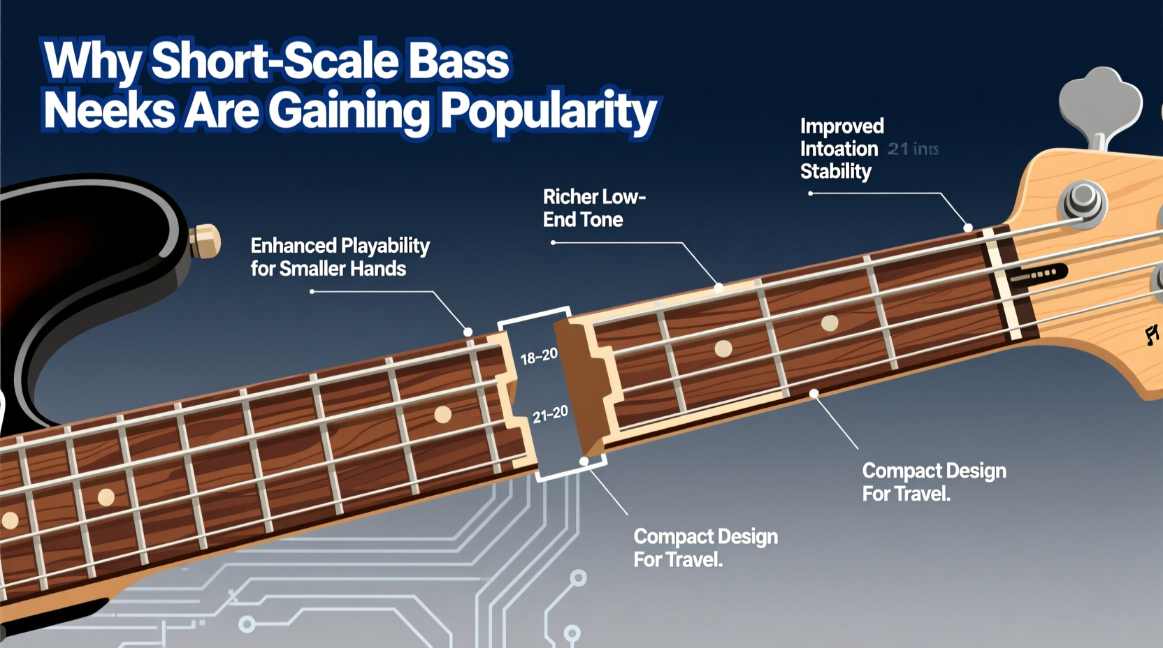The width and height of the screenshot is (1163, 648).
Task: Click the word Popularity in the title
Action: pos(549,112)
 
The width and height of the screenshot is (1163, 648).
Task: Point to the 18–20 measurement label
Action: pos(539,357)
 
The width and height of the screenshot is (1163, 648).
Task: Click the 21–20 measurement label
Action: pos(550,415)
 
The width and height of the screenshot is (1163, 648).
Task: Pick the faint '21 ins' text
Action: pos(913,149)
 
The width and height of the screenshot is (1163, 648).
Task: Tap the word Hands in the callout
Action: pos(380,269)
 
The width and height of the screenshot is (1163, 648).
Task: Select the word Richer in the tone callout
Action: pos(570,197)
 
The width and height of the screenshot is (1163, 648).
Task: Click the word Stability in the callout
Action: pos(835,172)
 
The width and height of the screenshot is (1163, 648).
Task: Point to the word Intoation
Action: pos(839,149)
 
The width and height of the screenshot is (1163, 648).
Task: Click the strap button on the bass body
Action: pos(205,241)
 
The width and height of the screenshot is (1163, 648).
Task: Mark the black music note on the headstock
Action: pos(1151,335)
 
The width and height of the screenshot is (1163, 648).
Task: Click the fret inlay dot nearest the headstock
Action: pos(830,323)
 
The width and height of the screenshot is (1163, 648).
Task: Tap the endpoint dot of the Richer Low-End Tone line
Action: pos(718,287)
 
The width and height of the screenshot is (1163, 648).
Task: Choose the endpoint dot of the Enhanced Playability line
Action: pos(468,332)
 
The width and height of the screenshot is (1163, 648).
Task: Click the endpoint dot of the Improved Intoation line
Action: pos(968,228)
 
